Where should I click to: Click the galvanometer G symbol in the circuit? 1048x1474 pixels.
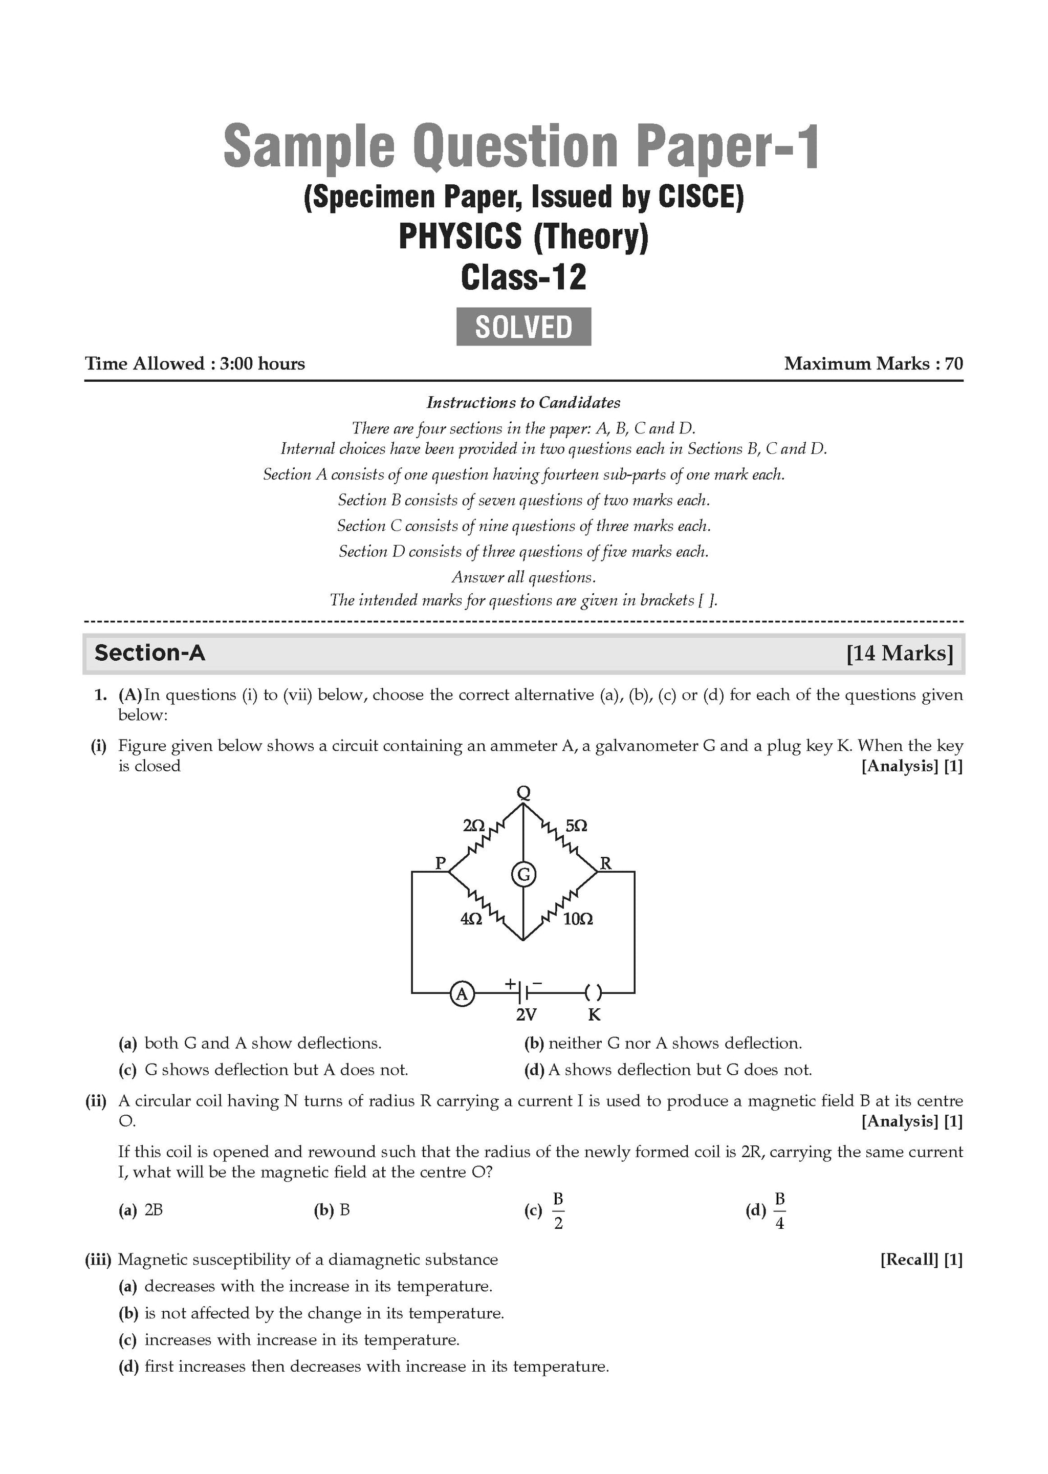click(x=523, y=875)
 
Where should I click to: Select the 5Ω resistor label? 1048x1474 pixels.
click(x=576, y=826)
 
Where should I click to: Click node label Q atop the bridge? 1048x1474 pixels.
click(x=524, y=792)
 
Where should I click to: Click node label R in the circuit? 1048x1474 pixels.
click(x=606, y=863)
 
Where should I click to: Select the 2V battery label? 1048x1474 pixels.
click(x=526, y=1015)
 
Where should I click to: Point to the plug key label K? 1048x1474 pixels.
click(x=594, y=1015)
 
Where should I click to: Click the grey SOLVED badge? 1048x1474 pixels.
click(x=523, y=327)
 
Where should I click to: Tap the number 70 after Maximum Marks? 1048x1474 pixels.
click(x=954, y=363)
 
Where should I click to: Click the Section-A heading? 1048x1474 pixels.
click(x=150, y=653)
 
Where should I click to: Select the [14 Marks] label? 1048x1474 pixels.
click(x=900, y=653)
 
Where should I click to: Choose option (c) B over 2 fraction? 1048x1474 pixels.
click(x=558, y=1211)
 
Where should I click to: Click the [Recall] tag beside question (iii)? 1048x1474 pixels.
click(x=909, y=1259)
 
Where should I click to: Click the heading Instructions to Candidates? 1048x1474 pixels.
click(x=523, y=403)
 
